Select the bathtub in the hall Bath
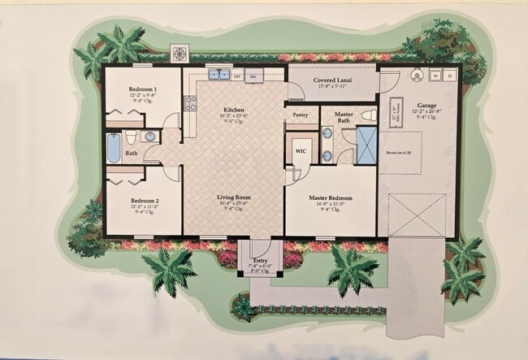[114, 148]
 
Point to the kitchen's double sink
[218, 74]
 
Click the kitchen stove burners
[190, 103]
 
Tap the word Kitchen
[235, 110]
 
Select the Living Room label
[232, 197]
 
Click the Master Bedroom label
[330, 197]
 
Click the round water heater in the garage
[417, 76]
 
